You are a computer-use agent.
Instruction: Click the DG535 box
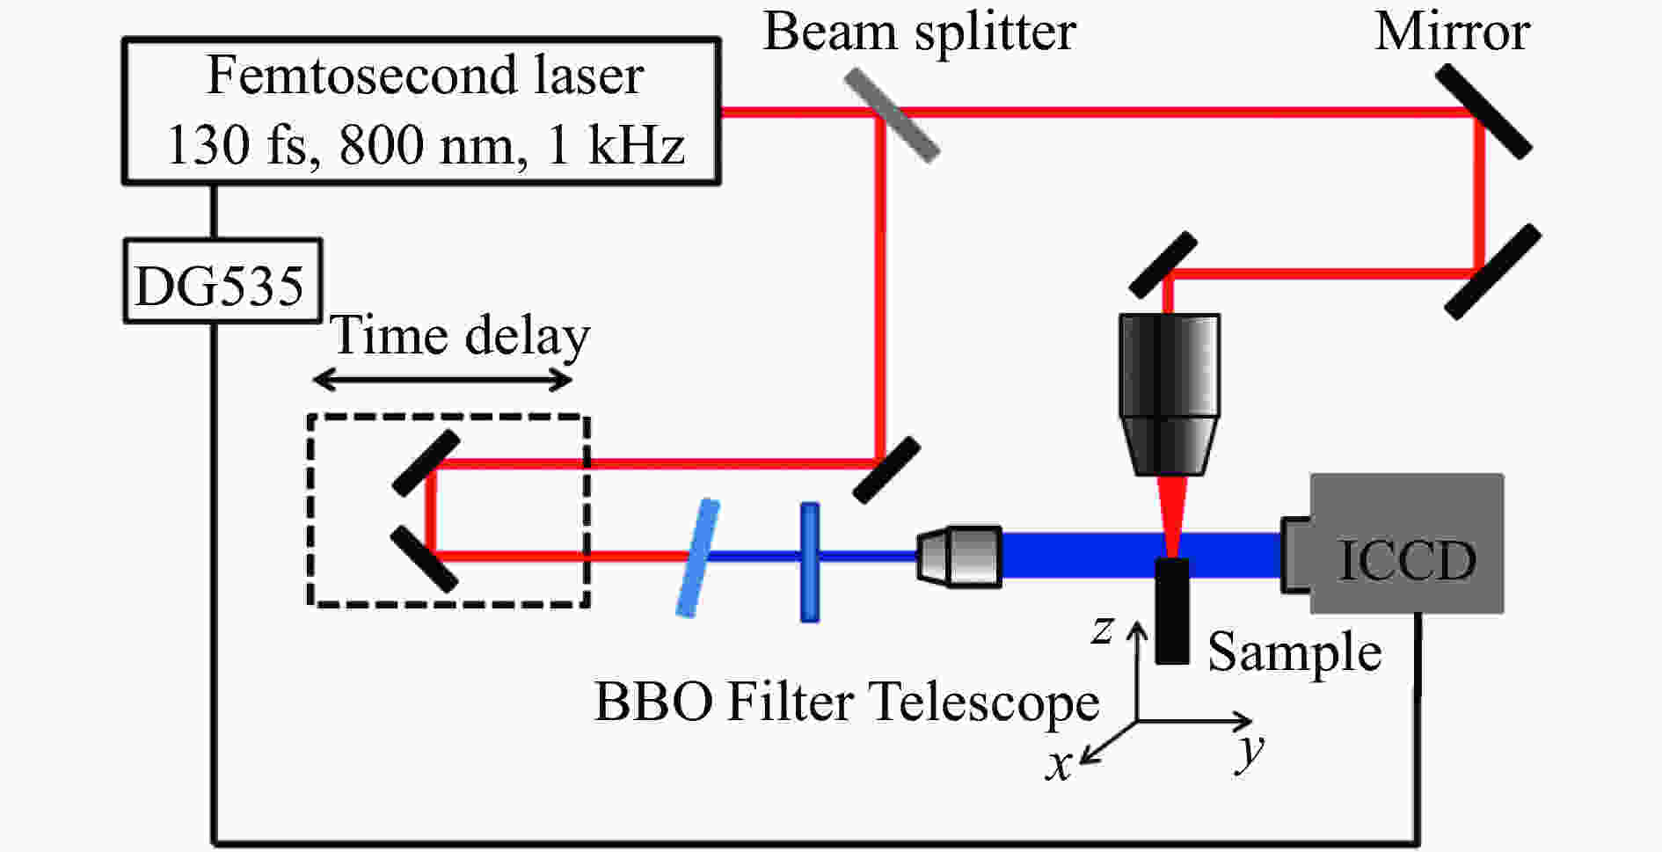click(x=222, y=281)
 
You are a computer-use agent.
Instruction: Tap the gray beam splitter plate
click(x=892, y=115)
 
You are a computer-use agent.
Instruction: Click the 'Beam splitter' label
click(x=919, y=33)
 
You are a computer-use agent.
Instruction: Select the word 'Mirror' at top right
click(x=1452, y=33)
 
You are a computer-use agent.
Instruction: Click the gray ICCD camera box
click(x=1405, y=543)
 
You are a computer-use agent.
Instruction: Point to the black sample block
click(x=1171, y=611)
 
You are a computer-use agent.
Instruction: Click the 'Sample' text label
click(x=1294, y=653)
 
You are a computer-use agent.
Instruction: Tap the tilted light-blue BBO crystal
click(x=697, y=557)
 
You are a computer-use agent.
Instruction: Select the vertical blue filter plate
click(x=810, y=562)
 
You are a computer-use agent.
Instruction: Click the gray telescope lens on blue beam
click(x=959, y=555)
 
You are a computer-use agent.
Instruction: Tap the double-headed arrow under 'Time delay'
click(x=443, y=380)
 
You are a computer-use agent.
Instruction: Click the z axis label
click(x=1102, y=630)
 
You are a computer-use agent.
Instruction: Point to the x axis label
click(x=1058, y=765)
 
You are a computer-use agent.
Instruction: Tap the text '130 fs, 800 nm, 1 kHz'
click(x=424, y=145)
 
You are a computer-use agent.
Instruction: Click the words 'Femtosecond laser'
click(x=424, y=76)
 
